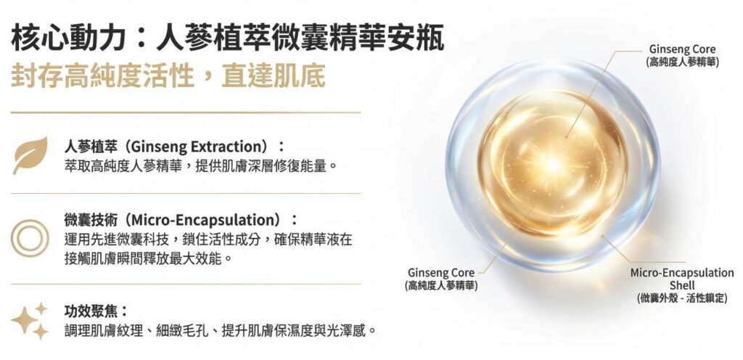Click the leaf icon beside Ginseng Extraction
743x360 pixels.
tap(30, 155)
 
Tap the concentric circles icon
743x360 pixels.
tap(29, 238)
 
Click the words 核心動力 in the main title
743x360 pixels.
tap(68, 39)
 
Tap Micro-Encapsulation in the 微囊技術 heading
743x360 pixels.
tap(204, 220)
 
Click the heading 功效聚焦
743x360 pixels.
tap(90, 311)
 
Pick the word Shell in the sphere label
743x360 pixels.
tap(682, 285)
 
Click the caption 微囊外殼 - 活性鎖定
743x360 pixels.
tap(682, 298)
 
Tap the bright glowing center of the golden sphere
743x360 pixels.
tap(552, 164)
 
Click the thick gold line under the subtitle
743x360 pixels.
tap(186, 112)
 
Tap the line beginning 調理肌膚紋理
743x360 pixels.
tap(221, 331)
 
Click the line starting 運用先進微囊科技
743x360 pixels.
tap(208, 240)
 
